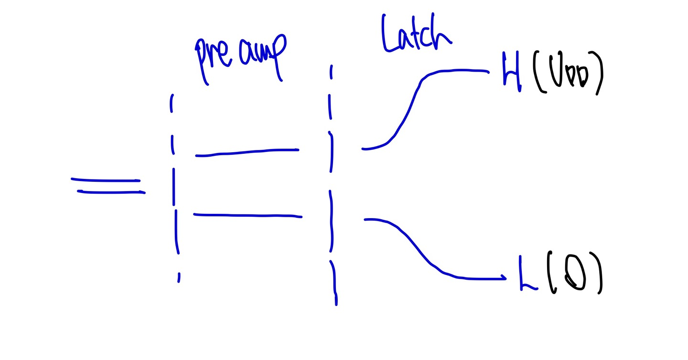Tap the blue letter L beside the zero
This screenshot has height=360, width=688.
coord(527,275)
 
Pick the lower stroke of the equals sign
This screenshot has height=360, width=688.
coord(111,192)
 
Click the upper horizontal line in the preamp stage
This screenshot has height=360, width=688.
coord(247,152)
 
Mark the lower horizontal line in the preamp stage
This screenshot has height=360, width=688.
coord(247,216)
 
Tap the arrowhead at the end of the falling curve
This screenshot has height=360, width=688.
coord(504,278)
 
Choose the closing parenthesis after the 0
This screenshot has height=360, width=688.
coord(598,277)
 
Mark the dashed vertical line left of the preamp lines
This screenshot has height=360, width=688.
coord(174,191)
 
